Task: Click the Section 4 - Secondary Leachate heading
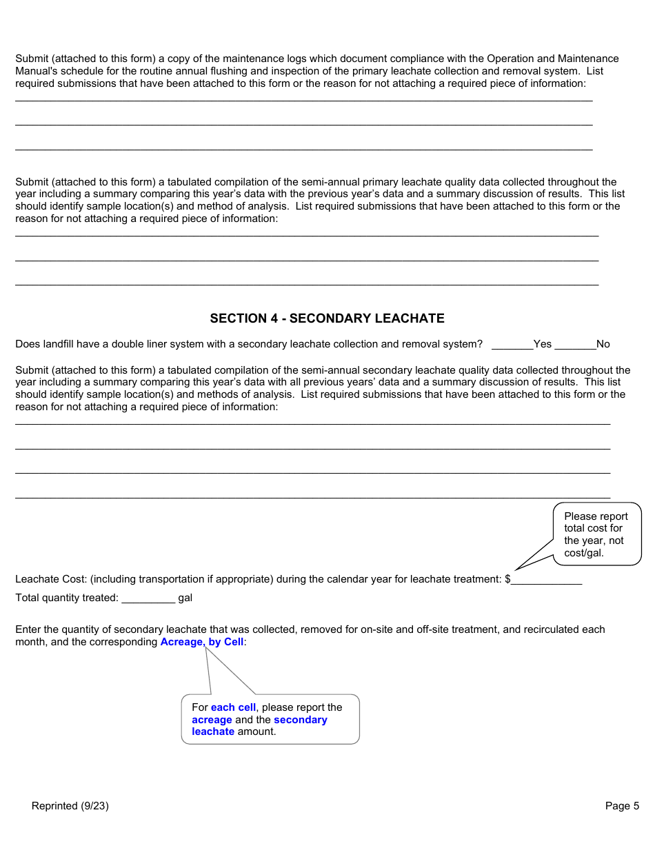tap(327, 319)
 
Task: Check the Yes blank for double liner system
tap(512, 344)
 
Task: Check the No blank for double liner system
tap(575, 344)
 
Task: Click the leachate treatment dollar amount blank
tap(546, 580)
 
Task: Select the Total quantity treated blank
tap(148, 598)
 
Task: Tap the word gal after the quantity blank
tap(185, 598)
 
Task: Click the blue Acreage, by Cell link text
tap(202, 642)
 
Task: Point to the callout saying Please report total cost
tap(596, 534)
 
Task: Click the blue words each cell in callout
tap(233, 707)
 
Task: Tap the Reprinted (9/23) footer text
tap(70, 806)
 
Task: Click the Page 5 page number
tap(622, 806)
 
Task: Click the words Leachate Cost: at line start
tap(51, 580)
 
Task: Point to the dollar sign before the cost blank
tap(507, 580)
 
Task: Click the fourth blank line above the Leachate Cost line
tap(312, 496)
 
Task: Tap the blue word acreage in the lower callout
tap(212, 720)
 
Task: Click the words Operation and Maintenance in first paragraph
tap(552, 59)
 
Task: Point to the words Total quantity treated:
tap(67, 598)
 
